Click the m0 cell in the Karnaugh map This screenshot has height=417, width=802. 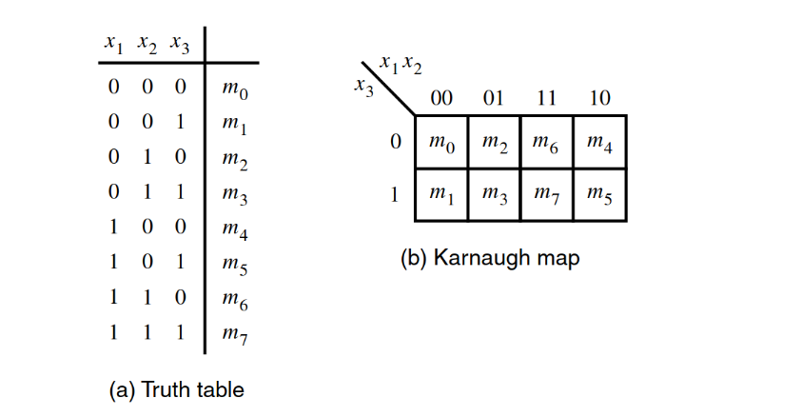click(440, 143)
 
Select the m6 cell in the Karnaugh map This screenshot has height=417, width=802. click(546, 143)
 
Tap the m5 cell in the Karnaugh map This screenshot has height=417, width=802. click(599, 195)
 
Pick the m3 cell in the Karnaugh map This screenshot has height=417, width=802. click(494, 195)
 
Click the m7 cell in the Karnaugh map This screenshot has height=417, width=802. click(546, 195)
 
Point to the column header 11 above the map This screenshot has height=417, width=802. click(546, 98)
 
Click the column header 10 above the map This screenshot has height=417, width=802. click(599, 98)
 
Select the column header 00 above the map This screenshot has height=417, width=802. click(441, 98)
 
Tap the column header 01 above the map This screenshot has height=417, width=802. click(494, 98)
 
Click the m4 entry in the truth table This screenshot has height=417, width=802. click(234, 230)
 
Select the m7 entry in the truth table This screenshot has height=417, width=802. click(234, 333)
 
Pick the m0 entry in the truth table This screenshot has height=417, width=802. click(234, 91)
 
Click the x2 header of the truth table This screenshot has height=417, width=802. click(147, 44)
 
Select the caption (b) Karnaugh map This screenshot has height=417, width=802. click(489, 258)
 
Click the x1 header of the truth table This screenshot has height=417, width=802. click(114, 44)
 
